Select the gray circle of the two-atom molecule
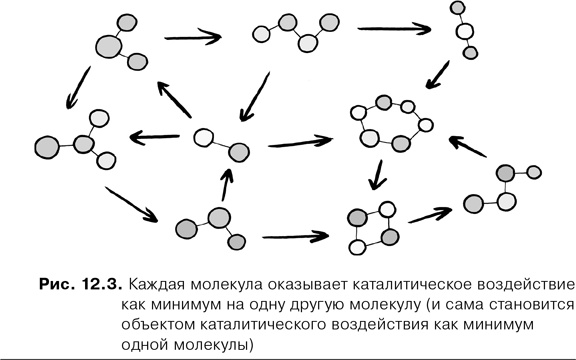point(238,152)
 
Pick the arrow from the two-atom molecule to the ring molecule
point(300,143)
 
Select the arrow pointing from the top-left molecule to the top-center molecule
point(195,37)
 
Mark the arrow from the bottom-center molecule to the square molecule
point(295,238)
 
